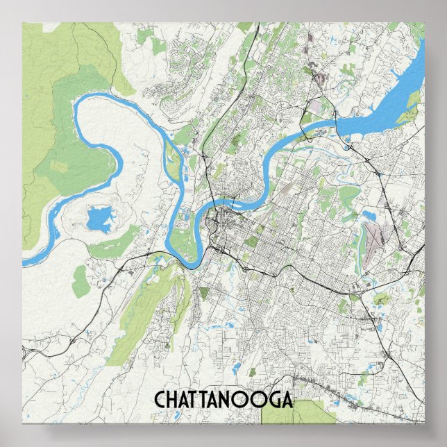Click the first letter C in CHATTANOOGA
click(159, 400)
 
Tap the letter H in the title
click(172, 400)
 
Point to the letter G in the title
click(271, 400)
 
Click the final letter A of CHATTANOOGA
click(285, 400)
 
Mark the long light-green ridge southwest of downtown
click(142, 312)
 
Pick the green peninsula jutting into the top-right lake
click(413, 101)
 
